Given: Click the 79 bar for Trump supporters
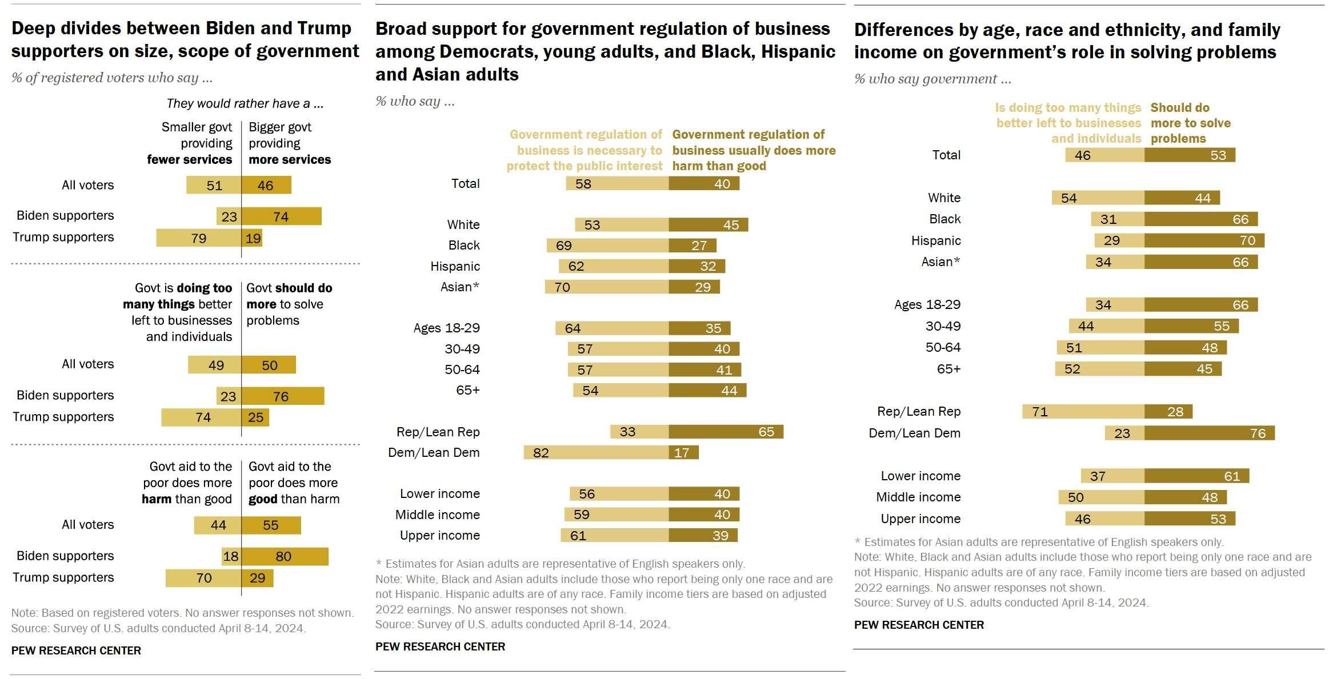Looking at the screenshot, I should tap(199, 238).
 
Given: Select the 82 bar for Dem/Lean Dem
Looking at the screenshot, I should tap(596, 453).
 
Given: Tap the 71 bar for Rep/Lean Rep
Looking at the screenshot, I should tap(1083, 412).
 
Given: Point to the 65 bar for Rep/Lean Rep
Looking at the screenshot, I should tap(726, 432).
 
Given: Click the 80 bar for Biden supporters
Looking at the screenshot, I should tap(285, 557).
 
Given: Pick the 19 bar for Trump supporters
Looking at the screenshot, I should tap(252, 238).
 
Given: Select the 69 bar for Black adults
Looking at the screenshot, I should tap(607, 246).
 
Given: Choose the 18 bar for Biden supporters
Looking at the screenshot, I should tap(231, 557).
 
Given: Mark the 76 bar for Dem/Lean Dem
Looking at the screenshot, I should tap(1209, 433).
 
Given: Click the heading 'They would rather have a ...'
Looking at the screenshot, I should tap(245, 103).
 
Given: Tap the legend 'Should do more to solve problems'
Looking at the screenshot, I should tap(1190, 123).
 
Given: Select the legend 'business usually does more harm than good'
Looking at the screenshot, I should tap(753, 150).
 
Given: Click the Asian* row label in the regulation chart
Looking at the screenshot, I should tap(459, 287).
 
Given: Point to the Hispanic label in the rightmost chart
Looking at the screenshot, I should tap(935, 240).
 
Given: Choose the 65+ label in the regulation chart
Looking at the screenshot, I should tap(467, 391).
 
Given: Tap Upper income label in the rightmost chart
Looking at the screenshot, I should tap(920, 519).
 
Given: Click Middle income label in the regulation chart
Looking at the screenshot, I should tap(437, 515).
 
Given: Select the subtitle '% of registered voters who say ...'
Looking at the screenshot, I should tap(111, 78).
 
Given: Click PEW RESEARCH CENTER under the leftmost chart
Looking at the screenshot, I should tap(76, 650).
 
